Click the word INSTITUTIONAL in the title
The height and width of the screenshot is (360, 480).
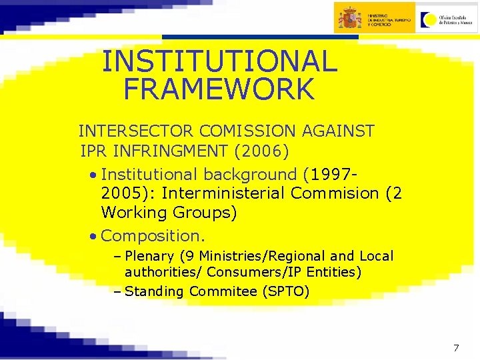(x=219, y=62)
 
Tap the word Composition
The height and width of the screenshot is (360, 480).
(x=153, y=235)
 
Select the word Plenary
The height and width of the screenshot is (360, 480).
(x=149, y=256)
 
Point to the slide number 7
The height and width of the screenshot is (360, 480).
(x=456, y=347)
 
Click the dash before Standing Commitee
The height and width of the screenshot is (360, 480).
(x=117, y=291)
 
